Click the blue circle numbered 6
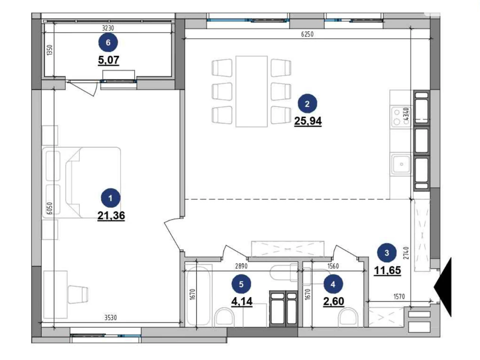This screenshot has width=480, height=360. pos(108,42)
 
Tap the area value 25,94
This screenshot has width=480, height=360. pos(308,121)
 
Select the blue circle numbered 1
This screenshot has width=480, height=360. pos(110,198)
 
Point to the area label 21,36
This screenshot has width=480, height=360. pos(111,216)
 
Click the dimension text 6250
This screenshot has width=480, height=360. pos(307,34)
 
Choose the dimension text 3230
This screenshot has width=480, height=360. pos(108,28)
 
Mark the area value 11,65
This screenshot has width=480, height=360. pos(387,270)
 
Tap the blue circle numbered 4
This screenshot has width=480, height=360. pos(333,284)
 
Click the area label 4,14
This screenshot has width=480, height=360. pos(242,301)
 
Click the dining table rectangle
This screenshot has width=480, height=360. pos(252,91)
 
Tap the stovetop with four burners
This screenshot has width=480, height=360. pos(401,117)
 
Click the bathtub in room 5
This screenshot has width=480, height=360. pos(198,295)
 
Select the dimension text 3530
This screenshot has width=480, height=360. pos(110,318)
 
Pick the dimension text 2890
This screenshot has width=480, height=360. pos(241,266)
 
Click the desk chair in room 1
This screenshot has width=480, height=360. pos(78,294)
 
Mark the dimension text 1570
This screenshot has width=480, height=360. pos(399,296)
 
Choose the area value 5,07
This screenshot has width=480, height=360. pos(109,60)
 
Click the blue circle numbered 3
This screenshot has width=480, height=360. pos(387,253)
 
